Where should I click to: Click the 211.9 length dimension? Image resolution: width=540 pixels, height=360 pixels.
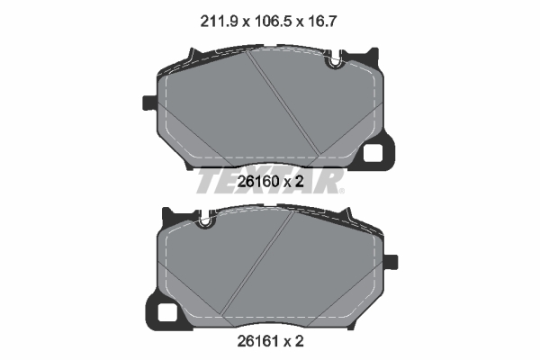pos(219,22)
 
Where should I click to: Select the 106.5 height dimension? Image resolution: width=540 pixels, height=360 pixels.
pos(273,22)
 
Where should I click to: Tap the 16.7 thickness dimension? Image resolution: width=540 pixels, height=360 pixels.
pos(321,22)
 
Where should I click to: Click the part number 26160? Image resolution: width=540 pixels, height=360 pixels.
pos(258,182)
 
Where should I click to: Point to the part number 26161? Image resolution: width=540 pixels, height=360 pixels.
pos(258,341)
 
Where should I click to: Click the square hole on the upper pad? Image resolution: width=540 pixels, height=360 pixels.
pos(373,153)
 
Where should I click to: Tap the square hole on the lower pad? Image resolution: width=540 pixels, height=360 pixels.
pos(167,312)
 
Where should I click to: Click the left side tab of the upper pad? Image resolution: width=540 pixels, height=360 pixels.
pos(149,103)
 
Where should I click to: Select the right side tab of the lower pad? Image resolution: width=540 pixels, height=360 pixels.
pos(391,262)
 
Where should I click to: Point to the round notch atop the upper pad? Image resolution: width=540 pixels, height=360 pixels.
pos(335,63)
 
